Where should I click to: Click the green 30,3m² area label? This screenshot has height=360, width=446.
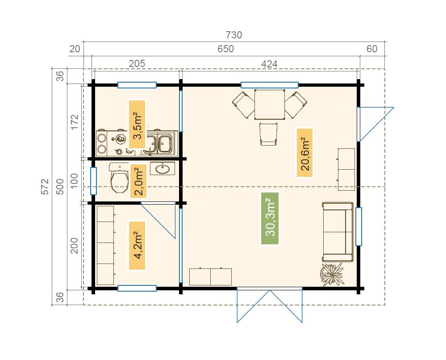click(270, 218)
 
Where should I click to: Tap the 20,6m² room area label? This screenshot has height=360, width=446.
click(304, 153)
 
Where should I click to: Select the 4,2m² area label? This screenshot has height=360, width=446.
click(137, 245)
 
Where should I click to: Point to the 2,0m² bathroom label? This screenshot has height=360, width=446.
click(138, 181)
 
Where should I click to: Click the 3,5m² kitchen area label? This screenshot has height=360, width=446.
click(137, 124)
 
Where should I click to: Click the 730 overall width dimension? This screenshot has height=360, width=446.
click(234, 35)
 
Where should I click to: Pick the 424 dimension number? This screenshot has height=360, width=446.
click(269, 64)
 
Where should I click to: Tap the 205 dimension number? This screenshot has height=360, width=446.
click(137, 63)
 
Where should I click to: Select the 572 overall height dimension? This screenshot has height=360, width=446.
click(45, 187)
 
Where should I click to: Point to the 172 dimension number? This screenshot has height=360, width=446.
click(74, 122)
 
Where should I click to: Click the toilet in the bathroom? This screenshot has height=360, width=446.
click(120, 178)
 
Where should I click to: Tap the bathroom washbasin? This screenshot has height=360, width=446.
click(163, 168)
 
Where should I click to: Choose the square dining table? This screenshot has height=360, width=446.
click(269, 105)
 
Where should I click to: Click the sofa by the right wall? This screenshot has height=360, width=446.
click(338, 232)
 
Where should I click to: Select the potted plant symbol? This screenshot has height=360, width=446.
click(332, 274)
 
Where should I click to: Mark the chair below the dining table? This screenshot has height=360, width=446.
click(268, 134)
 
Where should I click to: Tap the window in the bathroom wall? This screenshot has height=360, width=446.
click(93, 181)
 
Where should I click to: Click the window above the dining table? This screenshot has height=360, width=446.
click(269, 85)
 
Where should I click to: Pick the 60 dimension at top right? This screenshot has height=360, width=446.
click(372, 49)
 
